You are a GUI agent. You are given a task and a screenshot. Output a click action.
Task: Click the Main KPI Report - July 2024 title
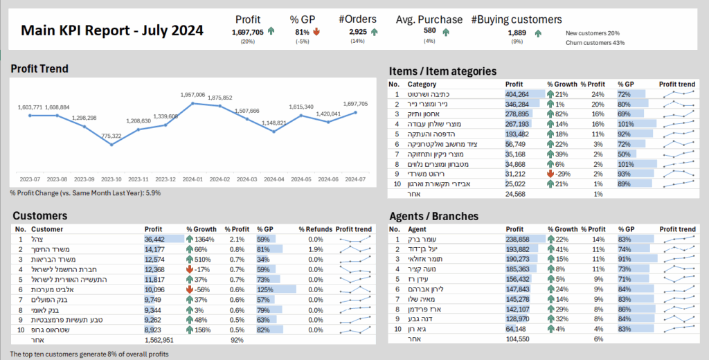click(111, 30)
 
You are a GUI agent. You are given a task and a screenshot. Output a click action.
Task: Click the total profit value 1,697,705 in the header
click(248, 32)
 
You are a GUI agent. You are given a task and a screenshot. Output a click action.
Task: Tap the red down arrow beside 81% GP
click(316, 32)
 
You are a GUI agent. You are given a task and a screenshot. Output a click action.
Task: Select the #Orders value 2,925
click(358, 32)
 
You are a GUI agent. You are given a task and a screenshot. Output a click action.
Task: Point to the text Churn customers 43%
click(595, 43)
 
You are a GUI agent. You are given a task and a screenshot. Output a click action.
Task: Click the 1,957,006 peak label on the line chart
click(192, 95)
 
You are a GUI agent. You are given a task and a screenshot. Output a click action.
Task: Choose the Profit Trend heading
click(39, 69)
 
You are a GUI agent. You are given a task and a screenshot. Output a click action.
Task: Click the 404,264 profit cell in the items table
click(517, 94)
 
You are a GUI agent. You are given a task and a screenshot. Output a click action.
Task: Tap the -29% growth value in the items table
click(562, 174)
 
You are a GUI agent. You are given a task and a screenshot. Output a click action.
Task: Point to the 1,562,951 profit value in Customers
click(160, 340)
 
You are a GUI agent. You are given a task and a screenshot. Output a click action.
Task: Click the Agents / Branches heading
click(433, 216)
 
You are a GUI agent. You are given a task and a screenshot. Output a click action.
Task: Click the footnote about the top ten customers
click(90, 354)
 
